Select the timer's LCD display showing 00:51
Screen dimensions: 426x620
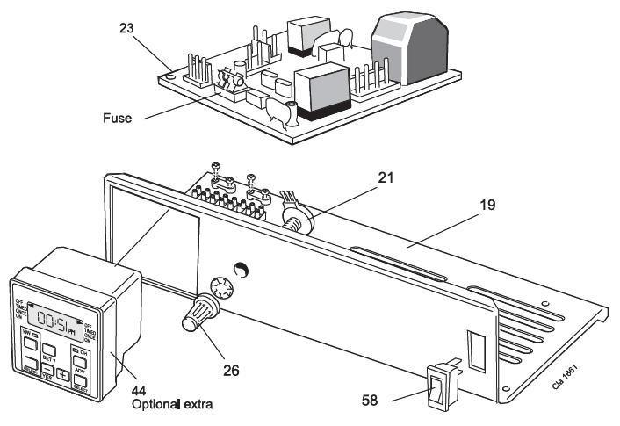tap(55, 313)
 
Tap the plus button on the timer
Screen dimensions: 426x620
tap(63, 374)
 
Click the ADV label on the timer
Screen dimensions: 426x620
tap(79, 371)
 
